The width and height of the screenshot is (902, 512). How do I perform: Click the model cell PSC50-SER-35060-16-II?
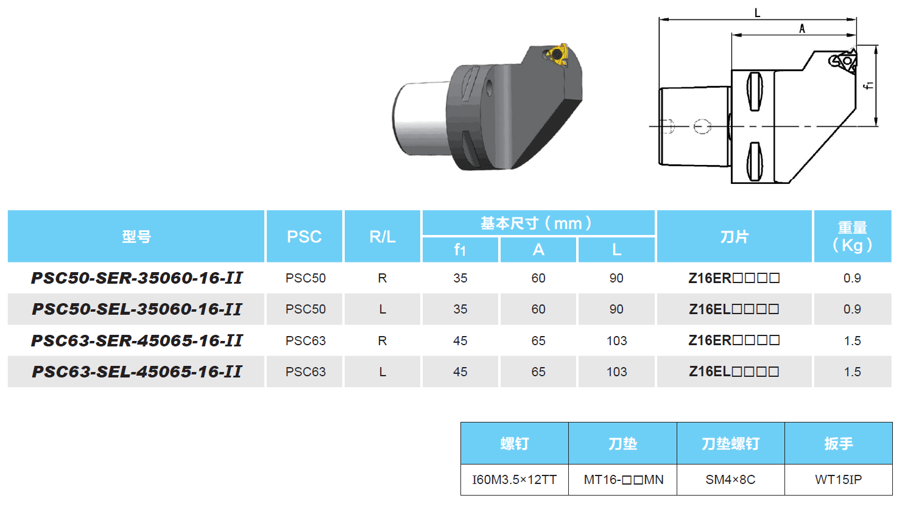click(136, 278)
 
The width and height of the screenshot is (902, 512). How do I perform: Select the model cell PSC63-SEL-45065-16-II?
click(136, 372)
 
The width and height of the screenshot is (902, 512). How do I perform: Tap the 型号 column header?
click(136, 237)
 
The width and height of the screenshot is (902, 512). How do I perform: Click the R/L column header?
click(382, 237)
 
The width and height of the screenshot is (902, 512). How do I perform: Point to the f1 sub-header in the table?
click(460, 250)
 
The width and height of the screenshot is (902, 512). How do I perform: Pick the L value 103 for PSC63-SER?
click(616, 341)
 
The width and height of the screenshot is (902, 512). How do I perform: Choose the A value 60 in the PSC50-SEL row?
click(538, 309)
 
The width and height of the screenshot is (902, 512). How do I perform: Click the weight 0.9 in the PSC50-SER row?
click(852, 278)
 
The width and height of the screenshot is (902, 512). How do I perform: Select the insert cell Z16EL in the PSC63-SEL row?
click(734, 372)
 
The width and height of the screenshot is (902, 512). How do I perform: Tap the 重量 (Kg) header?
click(852, 237)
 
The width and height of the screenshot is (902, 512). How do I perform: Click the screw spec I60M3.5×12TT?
click(515, 480)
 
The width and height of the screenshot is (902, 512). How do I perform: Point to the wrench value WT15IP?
click(839, 480)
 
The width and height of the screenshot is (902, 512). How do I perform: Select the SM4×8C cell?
click(730, 480)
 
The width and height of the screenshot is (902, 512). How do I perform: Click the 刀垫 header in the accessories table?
click(622, 444)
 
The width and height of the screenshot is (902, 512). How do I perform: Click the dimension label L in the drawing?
click(757, 13)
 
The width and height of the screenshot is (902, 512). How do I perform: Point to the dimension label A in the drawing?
click(802, 29)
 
